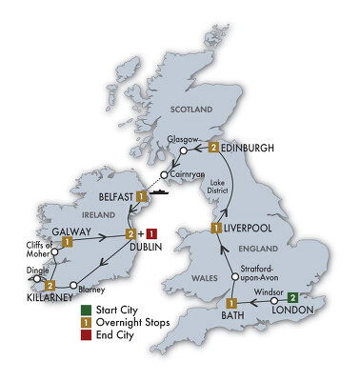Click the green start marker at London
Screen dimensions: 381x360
click(294, 295)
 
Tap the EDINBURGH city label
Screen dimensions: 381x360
click(252, 147)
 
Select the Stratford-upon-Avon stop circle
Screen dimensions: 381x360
click(234, 277)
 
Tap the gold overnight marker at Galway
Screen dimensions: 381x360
click(68, 243)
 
